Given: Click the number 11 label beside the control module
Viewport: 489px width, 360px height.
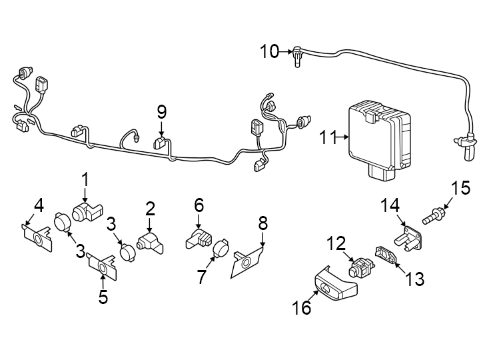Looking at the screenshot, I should [328, 138].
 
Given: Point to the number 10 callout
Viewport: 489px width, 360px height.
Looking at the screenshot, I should [269, 51].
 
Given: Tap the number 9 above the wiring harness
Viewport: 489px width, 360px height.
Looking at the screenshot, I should [161, 111].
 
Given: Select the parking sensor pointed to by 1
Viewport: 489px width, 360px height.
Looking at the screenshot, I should [87, 212].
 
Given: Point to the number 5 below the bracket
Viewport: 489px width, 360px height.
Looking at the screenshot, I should [103, 297].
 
